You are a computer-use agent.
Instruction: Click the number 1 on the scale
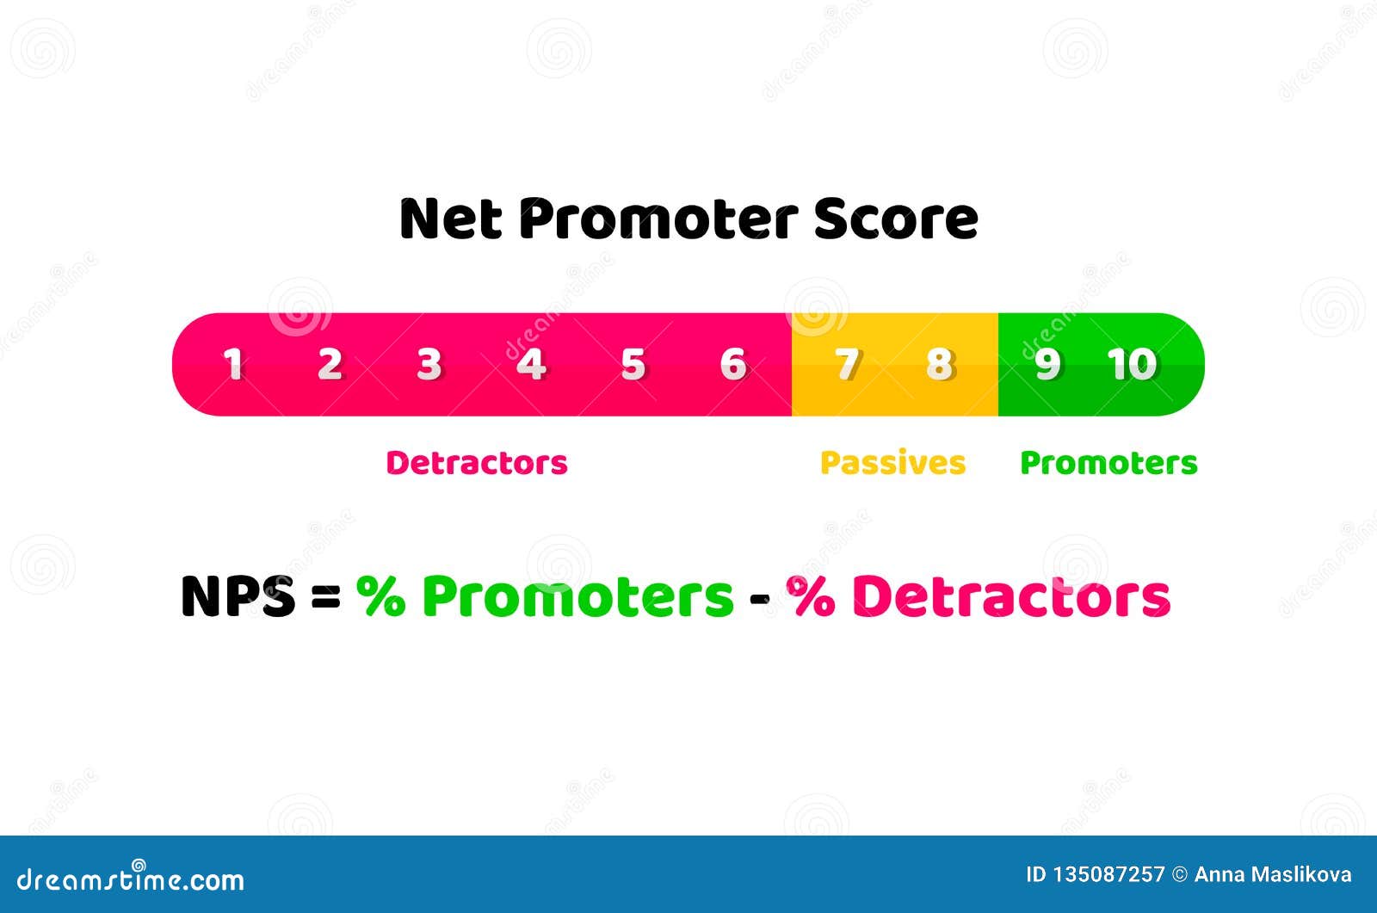232,365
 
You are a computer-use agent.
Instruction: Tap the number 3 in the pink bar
429,365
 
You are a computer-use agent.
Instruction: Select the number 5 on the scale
633,365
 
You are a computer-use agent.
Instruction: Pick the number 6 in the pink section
732,365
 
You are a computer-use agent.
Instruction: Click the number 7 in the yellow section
847,365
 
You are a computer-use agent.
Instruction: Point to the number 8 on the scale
939,365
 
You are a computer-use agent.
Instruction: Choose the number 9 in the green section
1047,365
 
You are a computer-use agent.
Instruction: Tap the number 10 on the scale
1132,365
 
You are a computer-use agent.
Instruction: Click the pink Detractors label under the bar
477,463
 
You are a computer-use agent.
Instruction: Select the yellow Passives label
892,463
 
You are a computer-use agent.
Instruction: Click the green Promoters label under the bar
1108,463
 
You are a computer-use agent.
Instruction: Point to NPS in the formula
238,596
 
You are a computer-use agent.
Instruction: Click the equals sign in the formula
325,596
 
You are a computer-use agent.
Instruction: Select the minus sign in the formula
759,597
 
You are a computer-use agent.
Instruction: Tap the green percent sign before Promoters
380,596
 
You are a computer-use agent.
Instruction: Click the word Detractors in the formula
1010,596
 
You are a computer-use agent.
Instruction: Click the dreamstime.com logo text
131,879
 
